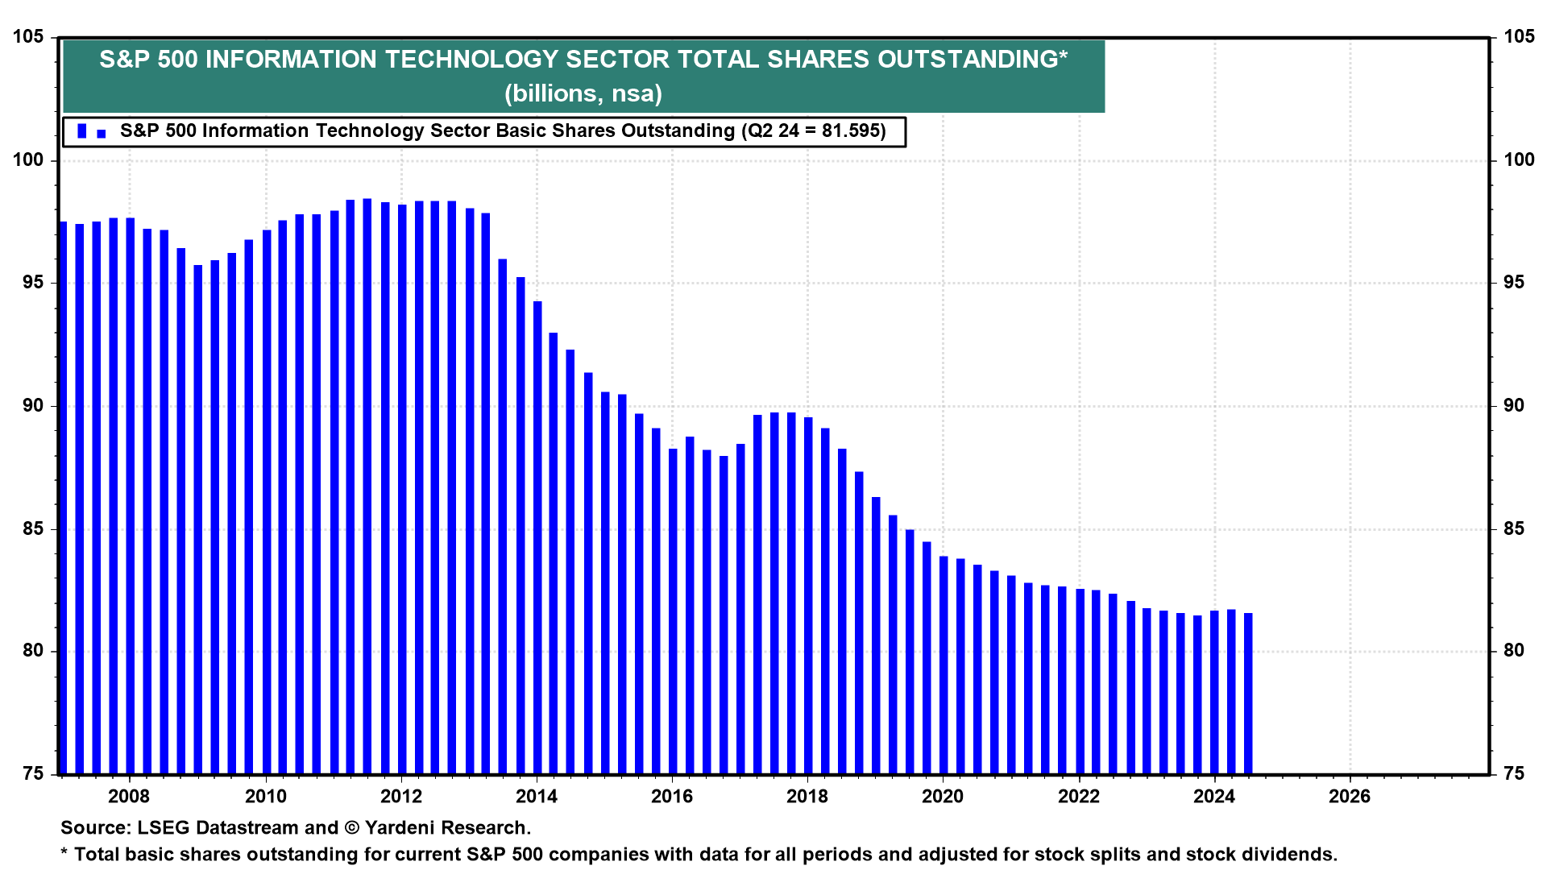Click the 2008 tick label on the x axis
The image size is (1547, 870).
tap(129, 797)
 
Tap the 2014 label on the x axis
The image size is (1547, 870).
tap(537, 797)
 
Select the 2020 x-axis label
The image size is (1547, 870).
tap(943, 797)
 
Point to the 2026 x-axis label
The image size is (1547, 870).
tap(1350, 797)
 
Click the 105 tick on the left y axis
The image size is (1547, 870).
tap(28, 37)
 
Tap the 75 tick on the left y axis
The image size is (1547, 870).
tap(33, 774)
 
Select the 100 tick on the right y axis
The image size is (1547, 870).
tap(1519, 160)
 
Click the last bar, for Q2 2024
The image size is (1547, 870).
tap(1248, 693)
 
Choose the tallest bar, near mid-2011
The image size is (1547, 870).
tap(367, 483)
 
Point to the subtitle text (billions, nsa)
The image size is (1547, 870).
tap(583, 93)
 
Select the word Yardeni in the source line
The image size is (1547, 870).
tap(399, 828)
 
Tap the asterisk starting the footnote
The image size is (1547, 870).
tap(64, 853)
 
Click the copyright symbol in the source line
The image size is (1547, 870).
tap(351, 828)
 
